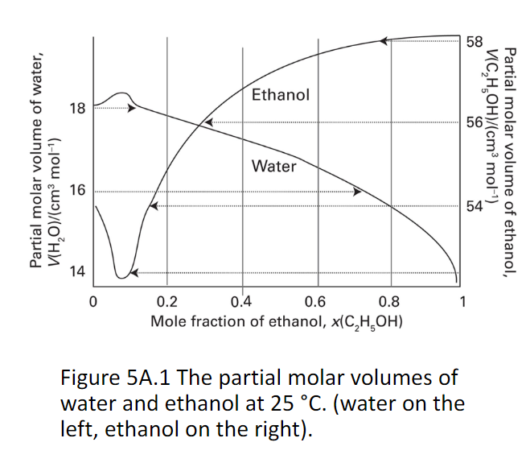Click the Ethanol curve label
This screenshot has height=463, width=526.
pos(280,95)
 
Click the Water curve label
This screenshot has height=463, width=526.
pos(273,167)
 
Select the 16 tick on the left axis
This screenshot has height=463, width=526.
pos(77,191)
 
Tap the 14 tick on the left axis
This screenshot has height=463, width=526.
pos(77,271)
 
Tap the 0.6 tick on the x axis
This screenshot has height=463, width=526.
pos(314,303)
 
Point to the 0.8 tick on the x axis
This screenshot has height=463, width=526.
pos(388,303)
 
